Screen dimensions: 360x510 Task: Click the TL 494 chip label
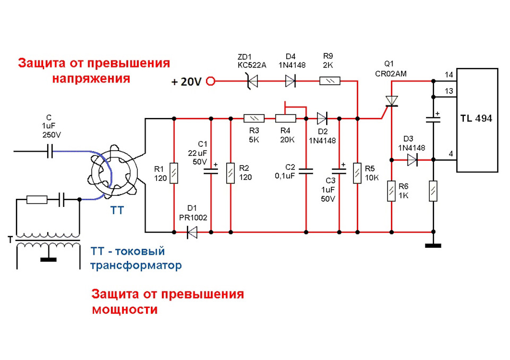click(x=477, y=119)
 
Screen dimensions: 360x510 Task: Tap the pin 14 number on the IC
click(x=449, y=74)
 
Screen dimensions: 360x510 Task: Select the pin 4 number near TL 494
click(x=450, y=154)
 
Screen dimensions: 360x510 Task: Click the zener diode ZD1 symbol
click(x=252, y=81)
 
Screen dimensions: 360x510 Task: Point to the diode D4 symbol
click(x=290, y=81)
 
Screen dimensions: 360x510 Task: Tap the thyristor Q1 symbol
click(x=392, y=101)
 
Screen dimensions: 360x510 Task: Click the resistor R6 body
click(x=392, y=190)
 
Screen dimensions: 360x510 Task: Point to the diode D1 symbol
click(x=192, y=232)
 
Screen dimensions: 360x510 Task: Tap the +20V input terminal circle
click(x=211, y=81)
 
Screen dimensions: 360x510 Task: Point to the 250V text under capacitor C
click(x=52, y=135)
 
